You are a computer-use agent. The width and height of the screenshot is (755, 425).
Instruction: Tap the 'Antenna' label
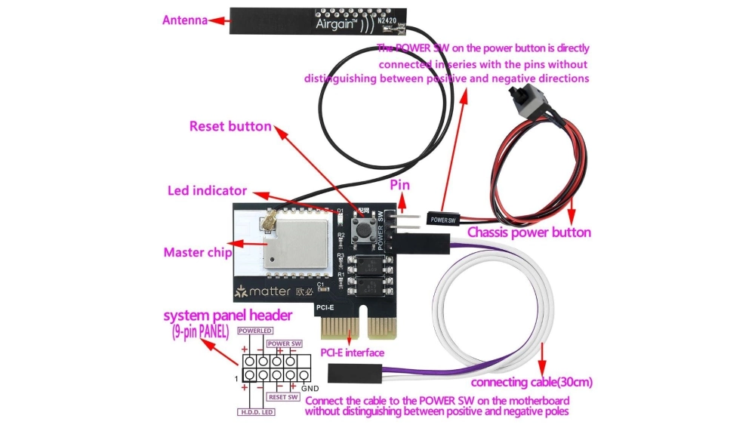click(185, 20)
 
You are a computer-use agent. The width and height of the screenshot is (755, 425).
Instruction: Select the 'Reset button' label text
click(230, 126)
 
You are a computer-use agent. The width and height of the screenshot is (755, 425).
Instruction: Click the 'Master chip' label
click(197, 253)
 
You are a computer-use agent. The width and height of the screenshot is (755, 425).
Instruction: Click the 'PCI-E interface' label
click(353, 353)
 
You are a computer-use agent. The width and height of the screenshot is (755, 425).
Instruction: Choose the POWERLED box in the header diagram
click(254, 331)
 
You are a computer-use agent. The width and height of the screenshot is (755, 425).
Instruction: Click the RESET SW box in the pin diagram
click(282, 396)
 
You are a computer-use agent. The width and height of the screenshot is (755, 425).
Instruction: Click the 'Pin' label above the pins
click(400, 184)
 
